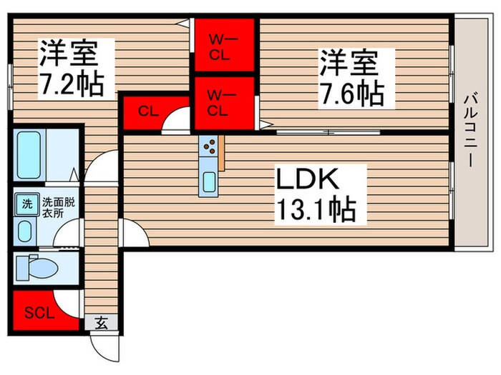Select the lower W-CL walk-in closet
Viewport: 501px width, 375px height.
tap(224, 101)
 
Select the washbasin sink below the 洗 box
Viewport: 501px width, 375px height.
tap(26, 231)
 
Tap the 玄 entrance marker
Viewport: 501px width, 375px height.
tap(101, 323)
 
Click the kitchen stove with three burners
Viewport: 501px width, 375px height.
tap(210, 147)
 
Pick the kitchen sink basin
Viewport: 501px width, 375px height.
tap(210, 181)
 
